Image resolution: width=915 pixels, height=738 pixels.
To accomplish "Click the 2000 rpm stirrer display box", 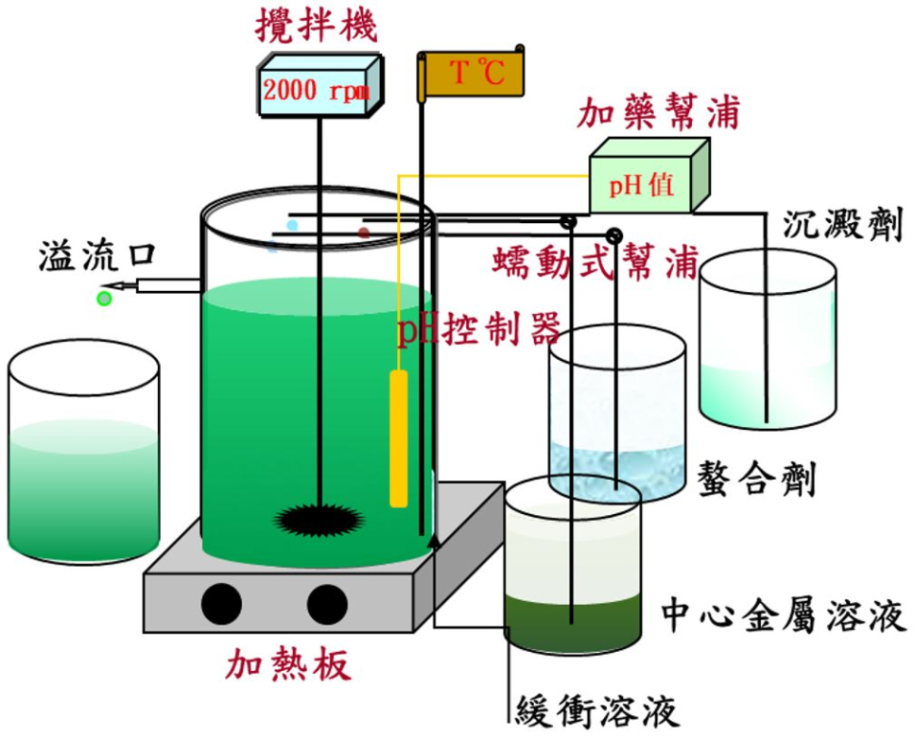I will (317, 90).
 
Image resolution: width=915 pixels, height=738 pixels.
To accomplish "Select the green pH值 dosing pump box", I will (643, 183).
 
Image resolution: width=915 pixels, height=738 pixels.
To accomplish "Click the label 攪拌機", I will (316, 26).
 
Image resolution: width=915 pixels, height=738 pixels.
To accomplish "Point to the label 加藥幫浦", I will (660, 115).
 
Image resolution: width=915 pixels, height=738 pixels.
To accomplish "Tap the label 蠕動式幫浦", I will (595, 262).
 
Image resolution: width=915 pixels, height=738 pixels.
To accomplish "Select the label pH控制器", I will (478, 330).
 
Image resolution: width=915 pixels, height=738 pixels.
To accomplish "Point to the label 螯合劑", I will (756, 478).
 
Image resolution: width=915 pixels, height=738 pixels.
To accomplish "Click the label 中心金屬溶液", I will (784, 614).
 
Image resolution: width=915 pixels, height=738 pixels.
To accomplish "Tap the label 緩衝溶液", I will (597, 709).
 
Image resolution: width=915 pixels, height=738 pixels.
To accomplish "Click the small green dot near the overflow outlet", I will (104, 299).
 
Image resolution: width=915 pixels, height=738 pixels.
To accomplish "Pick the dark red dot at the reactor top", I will (364, 232).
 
